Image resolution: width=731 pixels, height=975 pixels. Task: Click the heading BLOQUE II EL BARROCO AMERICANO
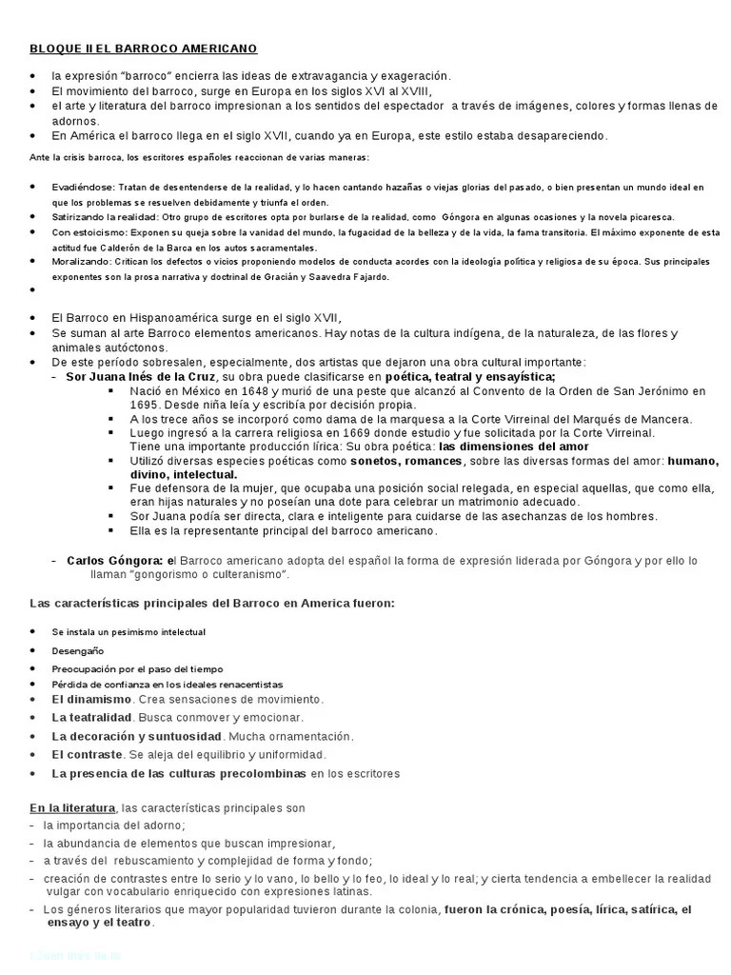[143, 49]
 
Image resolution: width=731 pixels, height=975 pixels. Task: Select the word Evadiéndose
[83, 188]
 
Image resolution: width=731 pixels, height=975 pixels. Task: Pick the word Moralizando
[81, 261]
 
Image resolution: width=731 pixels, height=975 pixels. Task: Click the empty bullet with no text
[33, 289]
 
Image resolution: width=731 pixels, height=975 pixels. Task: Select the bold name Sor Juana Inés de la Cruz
[141, 376]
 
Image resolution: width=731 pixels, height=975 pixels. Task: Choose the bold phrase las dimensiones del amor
[514, 446]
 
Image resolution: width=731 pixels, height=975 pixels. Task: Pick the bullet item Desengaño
[78, 650]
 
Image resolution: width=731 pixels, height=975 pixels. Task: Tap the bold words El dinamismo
[91, 699]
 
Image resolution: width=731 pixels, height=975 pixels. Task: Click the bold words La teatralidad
[92, 717]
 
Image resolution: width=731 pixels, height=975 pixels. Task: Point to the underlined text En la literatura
[72, 807]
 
